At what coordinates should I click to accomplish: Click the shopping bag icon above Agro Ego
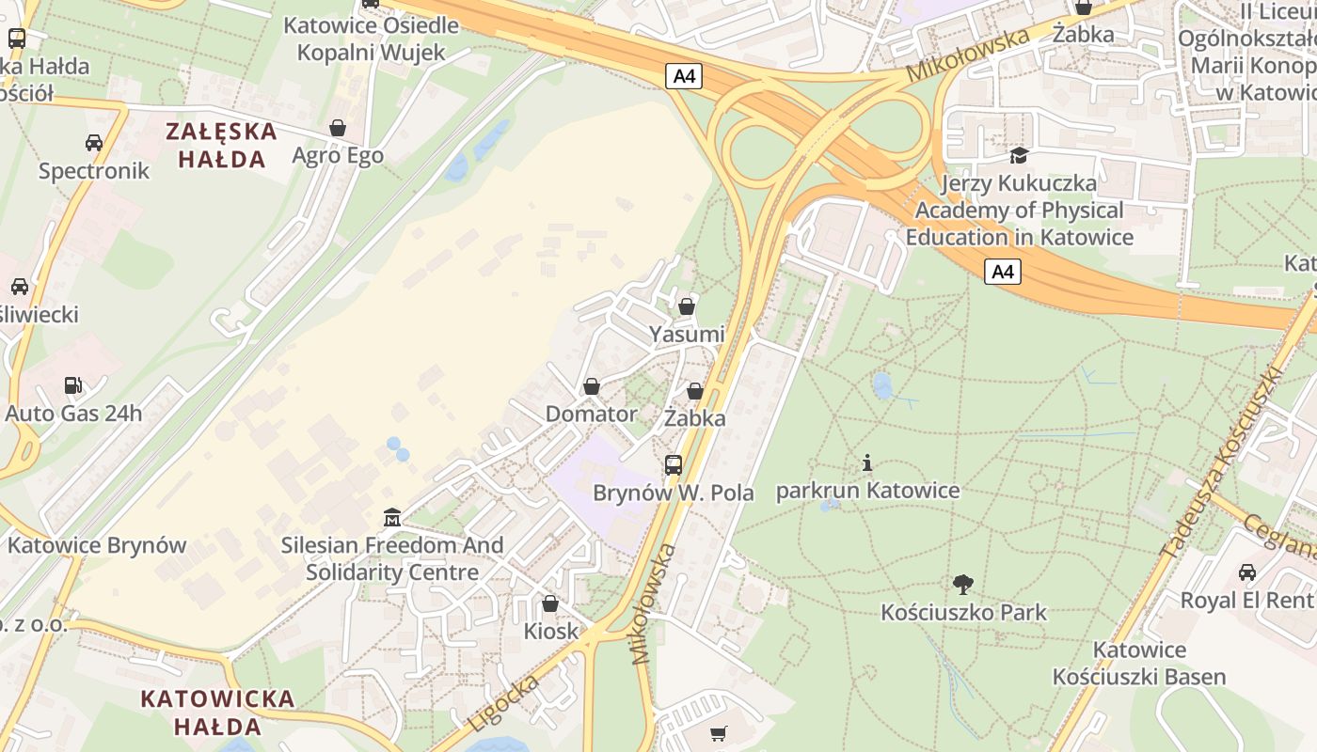(x=338, y=128)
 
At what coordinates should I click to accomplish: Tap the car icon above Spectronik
(x=94, y=143)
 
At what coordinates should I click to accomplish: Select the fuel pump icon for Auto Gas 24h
(x=72, y=385)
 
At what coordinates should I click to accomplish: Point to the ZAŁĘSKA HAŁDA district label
(x=222, y=145)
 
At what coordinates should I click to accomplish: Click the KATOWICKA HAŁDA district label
(x=217, y=713)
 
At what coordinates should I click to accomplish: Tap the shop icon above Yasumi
(x=687, y=306)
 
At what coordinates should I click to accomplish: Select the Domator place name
(x=591, y=414)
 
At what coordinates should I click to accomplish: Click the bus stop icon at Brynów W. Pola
(x=674, y=464)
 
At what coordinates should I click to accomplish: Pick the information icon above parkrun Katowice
(x=867, y=462)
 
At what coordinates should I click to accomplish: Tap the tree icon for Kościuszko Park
(x=962, y=585)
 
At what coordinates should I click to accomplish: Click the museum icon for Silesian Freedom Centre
(x=392, y=518)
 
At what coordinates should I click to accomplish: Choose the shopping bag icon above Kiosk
(x=550, y=603)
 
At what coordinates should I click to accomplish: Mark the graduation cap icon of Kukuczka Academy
(x=1019, y=155)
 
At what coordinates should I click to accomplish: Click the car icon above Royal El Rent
(x=1246, y=572)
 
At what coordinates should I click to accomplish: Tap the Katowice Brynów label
(x=97, y=545)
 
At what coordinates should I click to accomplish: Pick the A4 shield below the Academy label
(x=1003, y=272)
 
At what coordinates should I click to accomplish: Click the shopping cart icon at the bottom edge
(x=719, y=733)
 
